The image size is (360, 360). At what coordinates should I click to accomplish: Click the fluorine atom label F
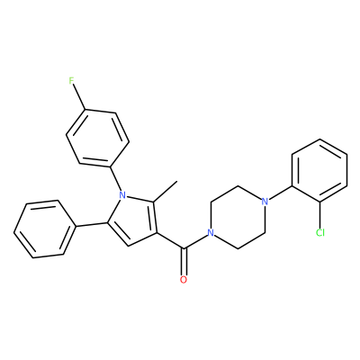[x=71, y=81]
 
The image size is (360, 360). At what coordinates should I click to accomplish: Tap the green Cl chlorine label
[x=320, y=232]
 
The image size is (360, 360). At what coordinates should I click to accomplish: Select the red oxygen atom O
[x=184, y=280]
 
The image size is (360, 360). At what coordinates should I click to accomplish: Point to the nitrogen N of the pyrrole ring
[x=122, y=195]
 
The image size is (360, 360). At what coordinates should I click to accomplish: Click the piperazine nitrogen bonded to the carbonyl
[x=211, y=232]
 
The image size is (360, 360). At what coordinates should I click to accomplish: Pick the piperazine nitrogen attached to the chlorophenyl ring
[x=265, y=201]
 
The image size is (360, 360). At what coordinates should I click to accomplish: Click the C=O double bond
[x=184, y=262]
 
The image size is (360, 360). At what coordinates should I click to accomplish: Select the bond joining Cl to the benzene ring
[x=320, y=215]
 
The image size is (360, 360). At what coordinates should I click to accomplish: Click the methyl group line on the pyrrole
[x=166, y=192]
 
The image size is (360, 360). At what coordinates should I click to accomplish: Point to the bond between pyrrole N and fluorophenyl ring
[x=116, y=178]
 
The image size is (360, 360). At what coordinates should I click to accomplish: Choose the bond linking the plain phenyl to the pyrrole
[x=91, y=224]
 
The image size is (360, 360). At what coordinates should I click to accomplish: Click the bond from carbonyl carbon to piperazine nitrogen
[x=195, y=241]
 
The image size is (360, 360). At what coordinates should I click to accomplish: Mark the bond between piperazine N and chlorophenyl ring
[x=281, y=193]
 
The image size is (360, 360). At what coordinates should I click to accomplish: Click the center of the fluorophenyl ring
[x=97, y=138]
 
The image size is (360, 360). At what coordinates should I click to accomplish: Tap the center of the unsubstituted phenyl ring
[x=44, y=229]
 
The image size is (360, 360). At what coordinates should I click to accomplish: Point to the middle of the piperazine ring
[x=238, y=217]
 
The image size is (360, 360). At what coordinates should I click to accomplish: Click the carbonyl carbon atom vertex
[x=184, y=248]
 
